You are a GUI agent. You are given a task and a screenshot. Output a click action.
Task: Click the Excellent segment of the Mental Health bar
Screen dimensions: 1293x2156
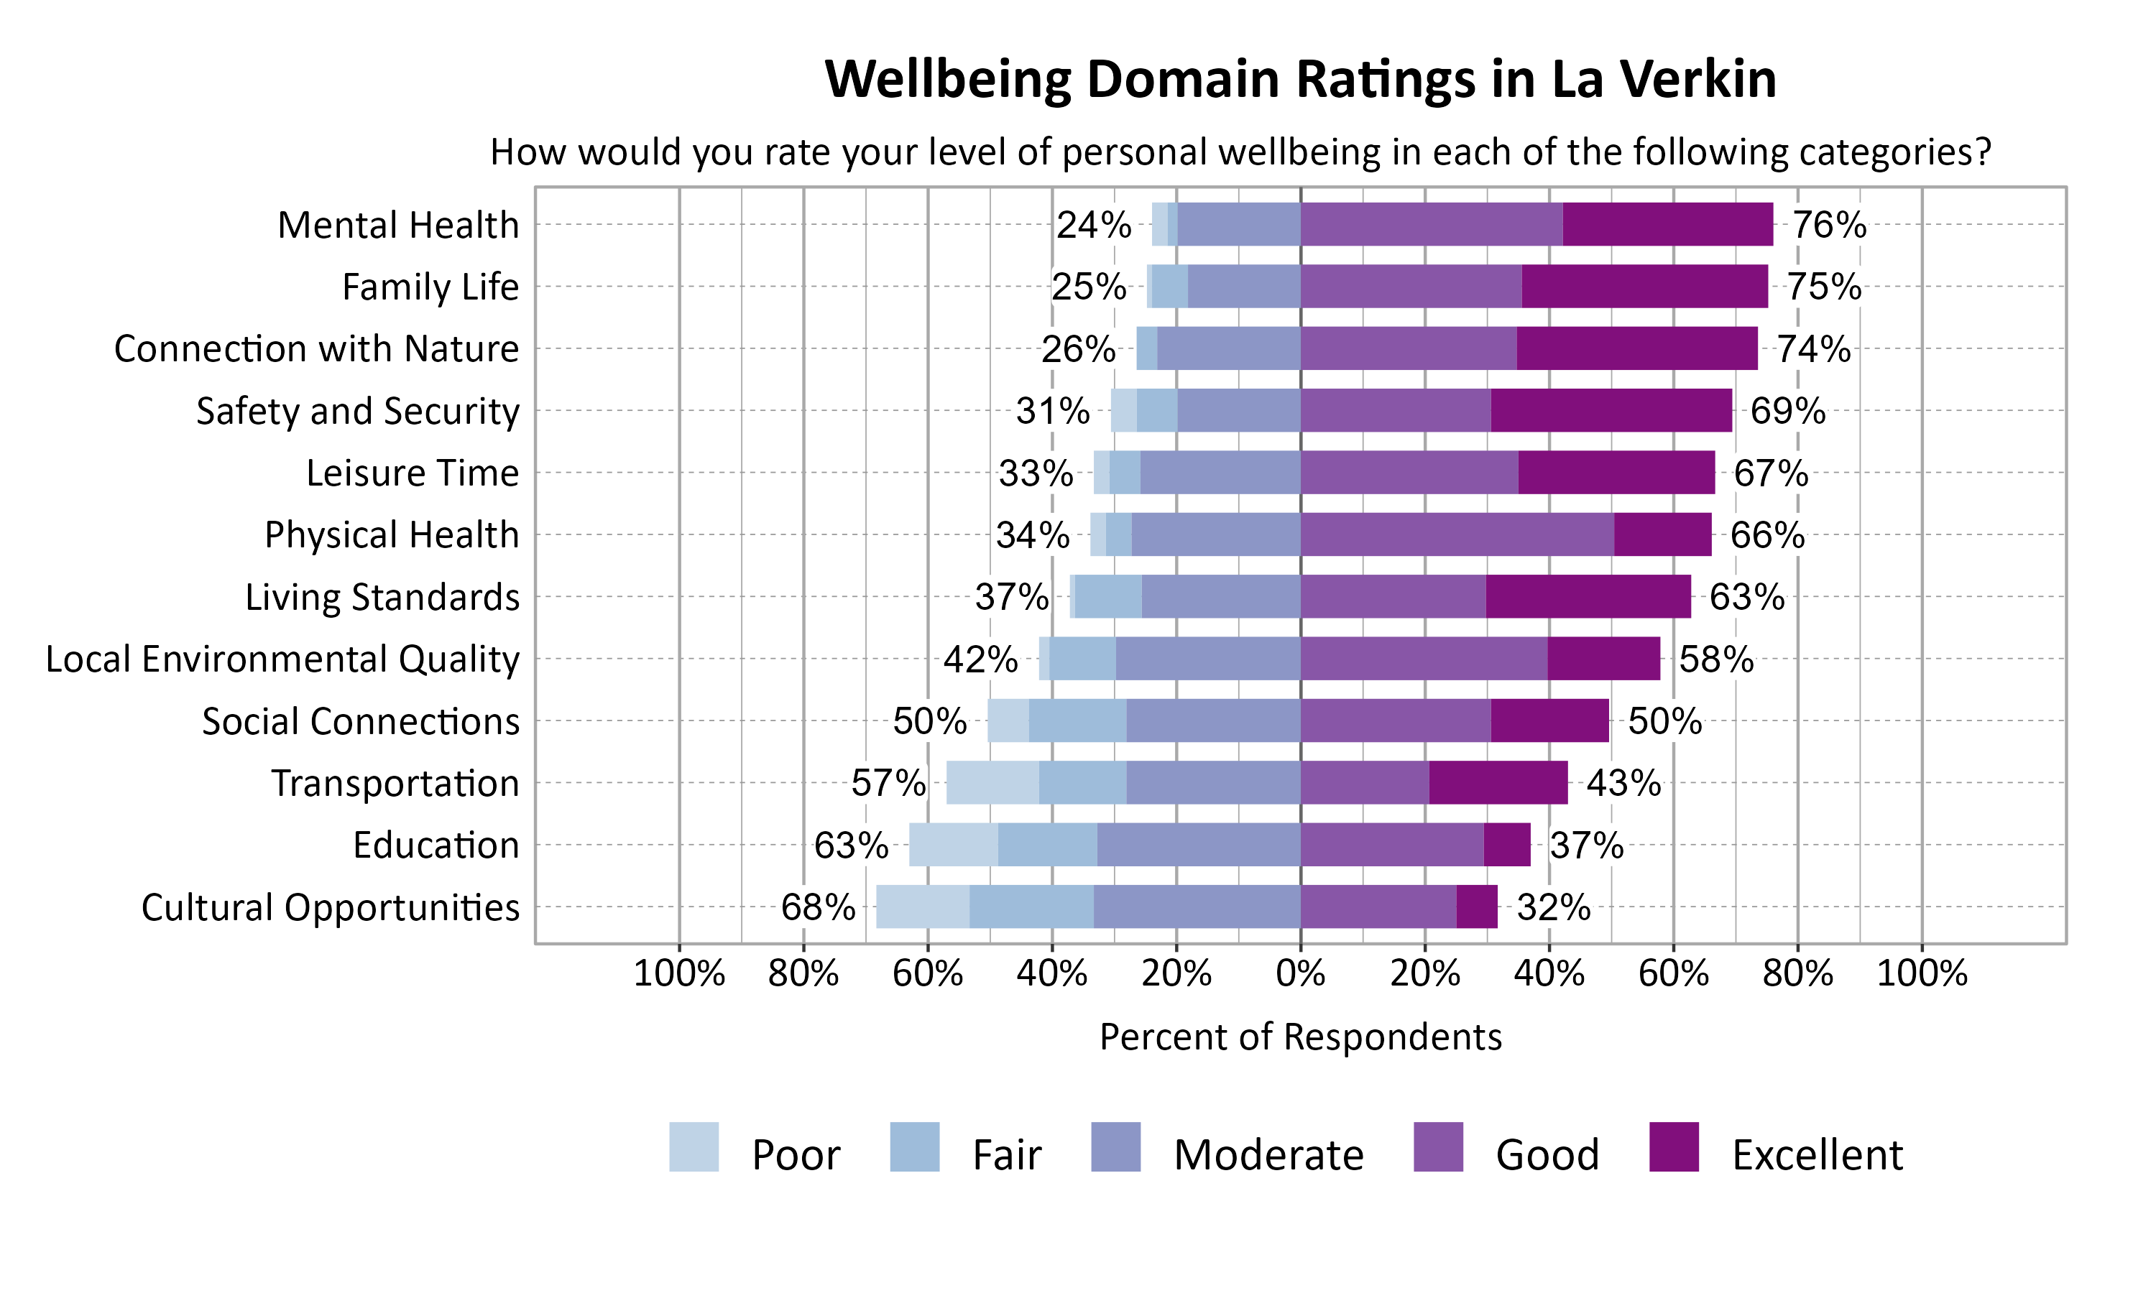[1667, 224]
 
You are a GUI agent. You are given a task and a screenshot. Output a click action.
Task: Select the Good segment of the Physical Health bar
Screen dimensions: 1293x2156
[1456, 534]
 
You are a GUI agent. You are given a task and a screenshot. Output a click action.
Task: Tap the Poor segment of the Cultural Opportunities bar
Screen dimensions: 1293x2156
[922, 907]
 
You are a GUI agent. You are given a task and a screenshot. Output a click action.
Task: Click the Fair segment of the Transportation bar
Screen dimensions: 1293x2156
[1082, 782]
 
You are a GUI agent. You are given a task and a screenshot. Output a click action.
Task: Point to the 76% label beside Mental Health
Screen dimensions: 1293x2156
[1828, 225]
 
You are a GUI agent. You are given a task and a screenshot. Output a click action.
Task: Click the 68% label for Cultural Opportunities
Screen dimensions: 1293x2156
[817, 908]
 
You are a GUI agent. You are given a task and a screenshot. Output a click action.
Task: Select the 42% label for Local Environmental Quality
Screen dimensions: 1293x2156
[980, 659]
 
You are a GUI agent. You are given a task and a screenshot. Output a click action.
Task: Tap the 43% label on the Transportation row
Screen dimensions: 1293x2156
[1623, 783]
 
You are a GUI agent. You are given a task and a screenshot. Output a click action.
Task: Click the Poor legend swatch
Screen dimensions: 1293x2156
[694, 1146]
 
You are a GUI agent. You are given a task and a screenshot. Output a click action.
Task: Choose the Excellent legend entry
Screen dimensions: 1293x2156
[1817, 1154]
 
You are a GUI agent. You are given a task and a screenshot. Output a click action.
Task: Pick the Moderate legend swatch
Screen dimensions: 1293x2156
[1115, 1146]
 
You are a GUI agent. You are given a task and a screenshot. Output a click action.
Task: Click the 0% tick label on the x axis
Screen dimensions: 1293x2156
[1300, 973]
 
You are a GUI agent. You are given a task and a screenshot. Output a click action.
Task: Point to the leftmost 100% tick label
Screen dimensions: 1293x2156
[679, 973]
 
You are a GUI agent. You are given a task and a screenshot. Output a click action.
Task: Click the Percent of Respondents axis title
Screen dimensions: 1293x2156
[1300, 1037]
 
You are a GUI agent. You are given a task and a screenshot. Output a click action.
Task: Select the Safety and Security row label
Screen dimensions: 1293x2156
[357, 410]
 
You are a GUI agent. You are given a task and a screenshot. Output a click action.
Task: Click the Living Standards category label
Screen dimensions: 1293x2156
[382, 597]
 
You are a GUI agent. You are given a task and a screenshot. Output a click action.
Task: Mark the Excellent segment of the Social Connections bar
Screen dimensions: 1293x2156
[1549, 720]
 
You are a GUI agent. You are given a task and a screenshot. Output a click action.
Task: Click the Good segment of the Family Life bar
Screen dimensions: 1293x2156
[1411, 286]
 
